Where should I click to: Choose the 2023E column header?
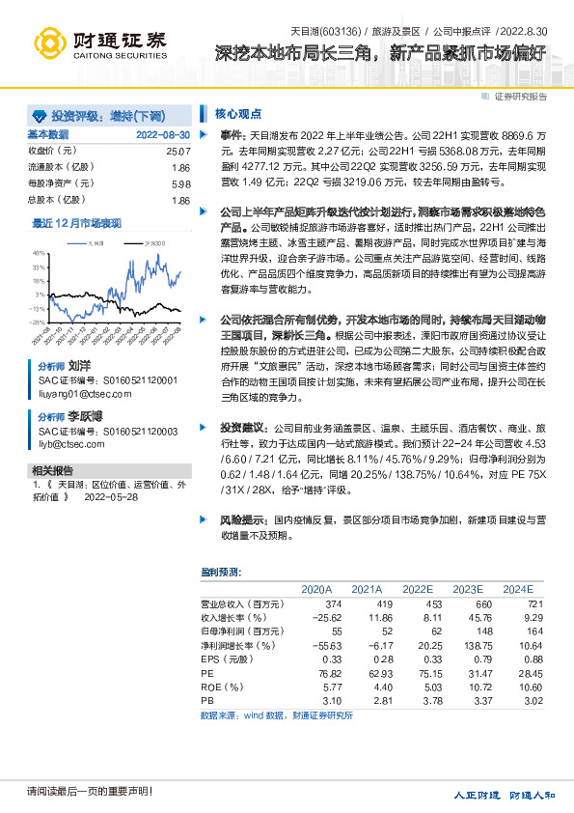point(468,588)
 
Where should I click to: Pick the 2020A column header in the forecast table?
point(316,588)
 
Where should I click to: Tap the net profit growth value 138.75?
point(467,644)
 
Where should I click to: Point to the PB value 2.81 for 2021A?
point(368,700)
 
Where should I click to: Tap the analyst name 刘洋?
point(79,368)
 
